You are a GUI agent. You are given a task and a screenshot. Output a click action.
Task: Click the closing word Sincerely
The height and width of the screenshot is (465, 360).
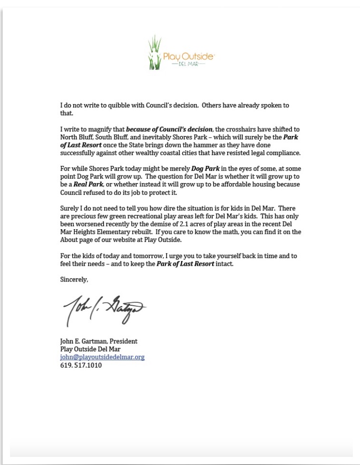74,280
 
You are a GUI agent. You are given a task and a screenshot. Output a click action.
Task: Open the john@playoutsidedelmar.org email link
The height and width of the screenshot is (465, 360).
102,357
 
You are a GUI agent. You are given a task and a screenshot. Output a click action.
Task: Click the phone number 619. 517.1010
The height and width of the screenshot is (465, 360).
81,365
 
